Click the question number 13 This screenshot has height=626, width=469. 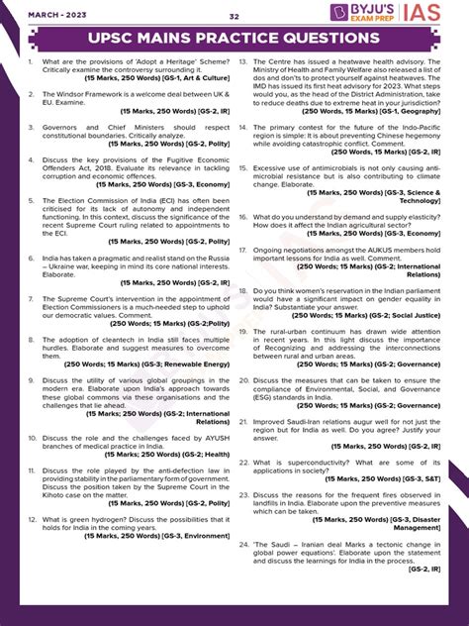(x=243, y=61)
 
